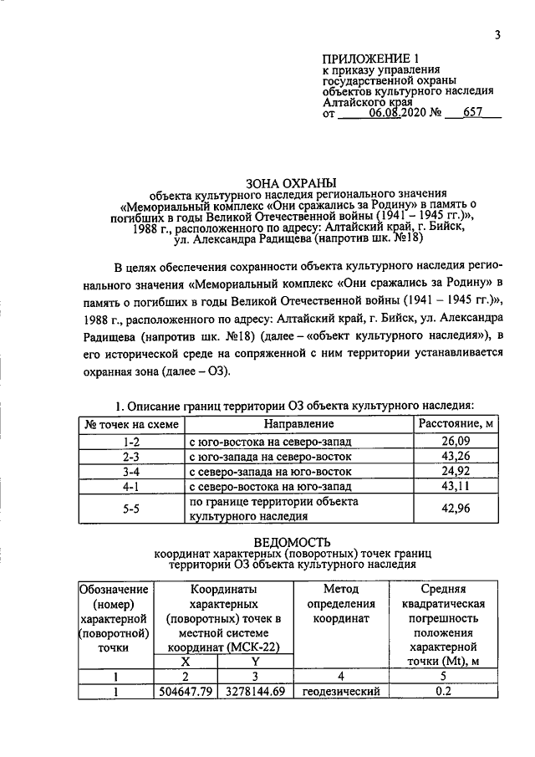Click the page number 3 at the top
point(497,34)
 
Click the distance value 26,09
point(456,441)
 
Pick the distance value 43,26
point(456,457)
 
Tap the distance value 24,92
point(456,472)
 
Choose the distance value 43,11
point(456,487)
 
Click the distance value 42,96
point(456,509)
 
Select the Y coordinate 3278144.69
point(256,692)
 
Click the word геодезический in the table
point(341,692)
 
